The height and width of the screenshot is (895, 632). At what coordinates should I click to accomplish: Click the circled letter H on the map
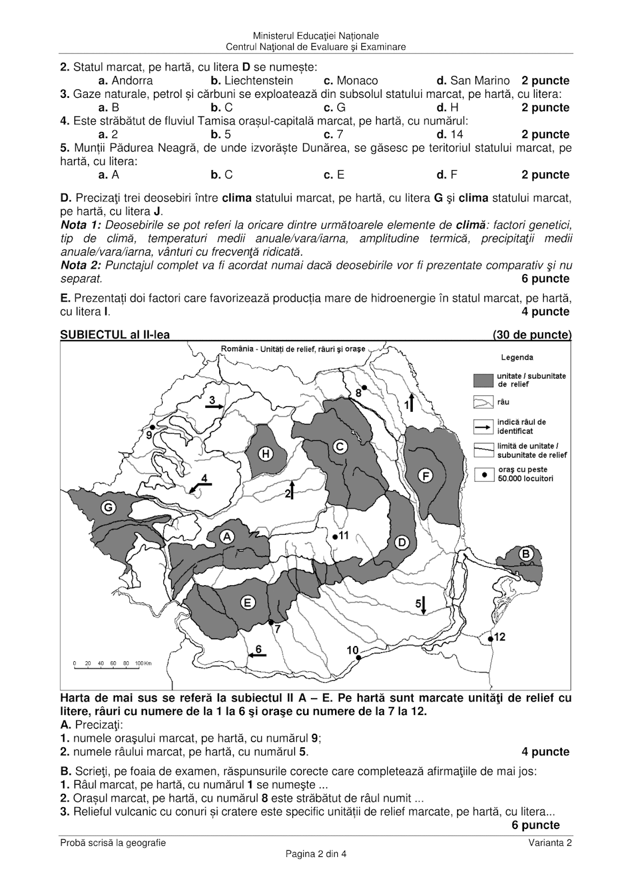click(266, 454)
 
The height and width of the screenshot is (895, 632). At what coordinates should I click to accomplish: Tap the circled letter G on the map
click(108, 508)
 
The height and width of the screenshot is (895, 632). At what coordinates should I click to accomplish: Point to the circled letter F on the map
click(426, 476)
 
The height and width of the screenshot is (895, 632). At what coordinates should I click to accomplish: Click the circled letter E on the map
click(247, 602)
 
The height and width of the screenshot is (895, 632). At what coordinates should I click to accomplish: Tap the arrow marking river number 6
click(257, 654)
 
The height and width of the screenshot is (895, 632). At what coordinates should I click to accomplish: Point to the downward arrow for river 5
click(423, 605)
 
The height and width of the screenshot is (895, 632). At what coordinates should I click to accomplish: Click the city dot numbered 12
click(490, 638)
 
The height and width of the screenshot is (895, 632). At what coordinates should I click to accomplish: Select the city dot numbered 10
click(359, 658)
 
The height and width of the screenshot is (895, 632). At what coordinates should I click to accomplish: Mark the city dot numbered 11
click(334, 536)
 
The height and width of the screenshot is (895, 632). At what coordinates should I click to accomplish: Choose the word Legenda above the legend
click(517, 357)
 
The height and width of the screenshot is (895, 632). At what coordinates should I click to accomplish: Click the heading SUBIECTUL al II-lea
click(115, 335)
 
